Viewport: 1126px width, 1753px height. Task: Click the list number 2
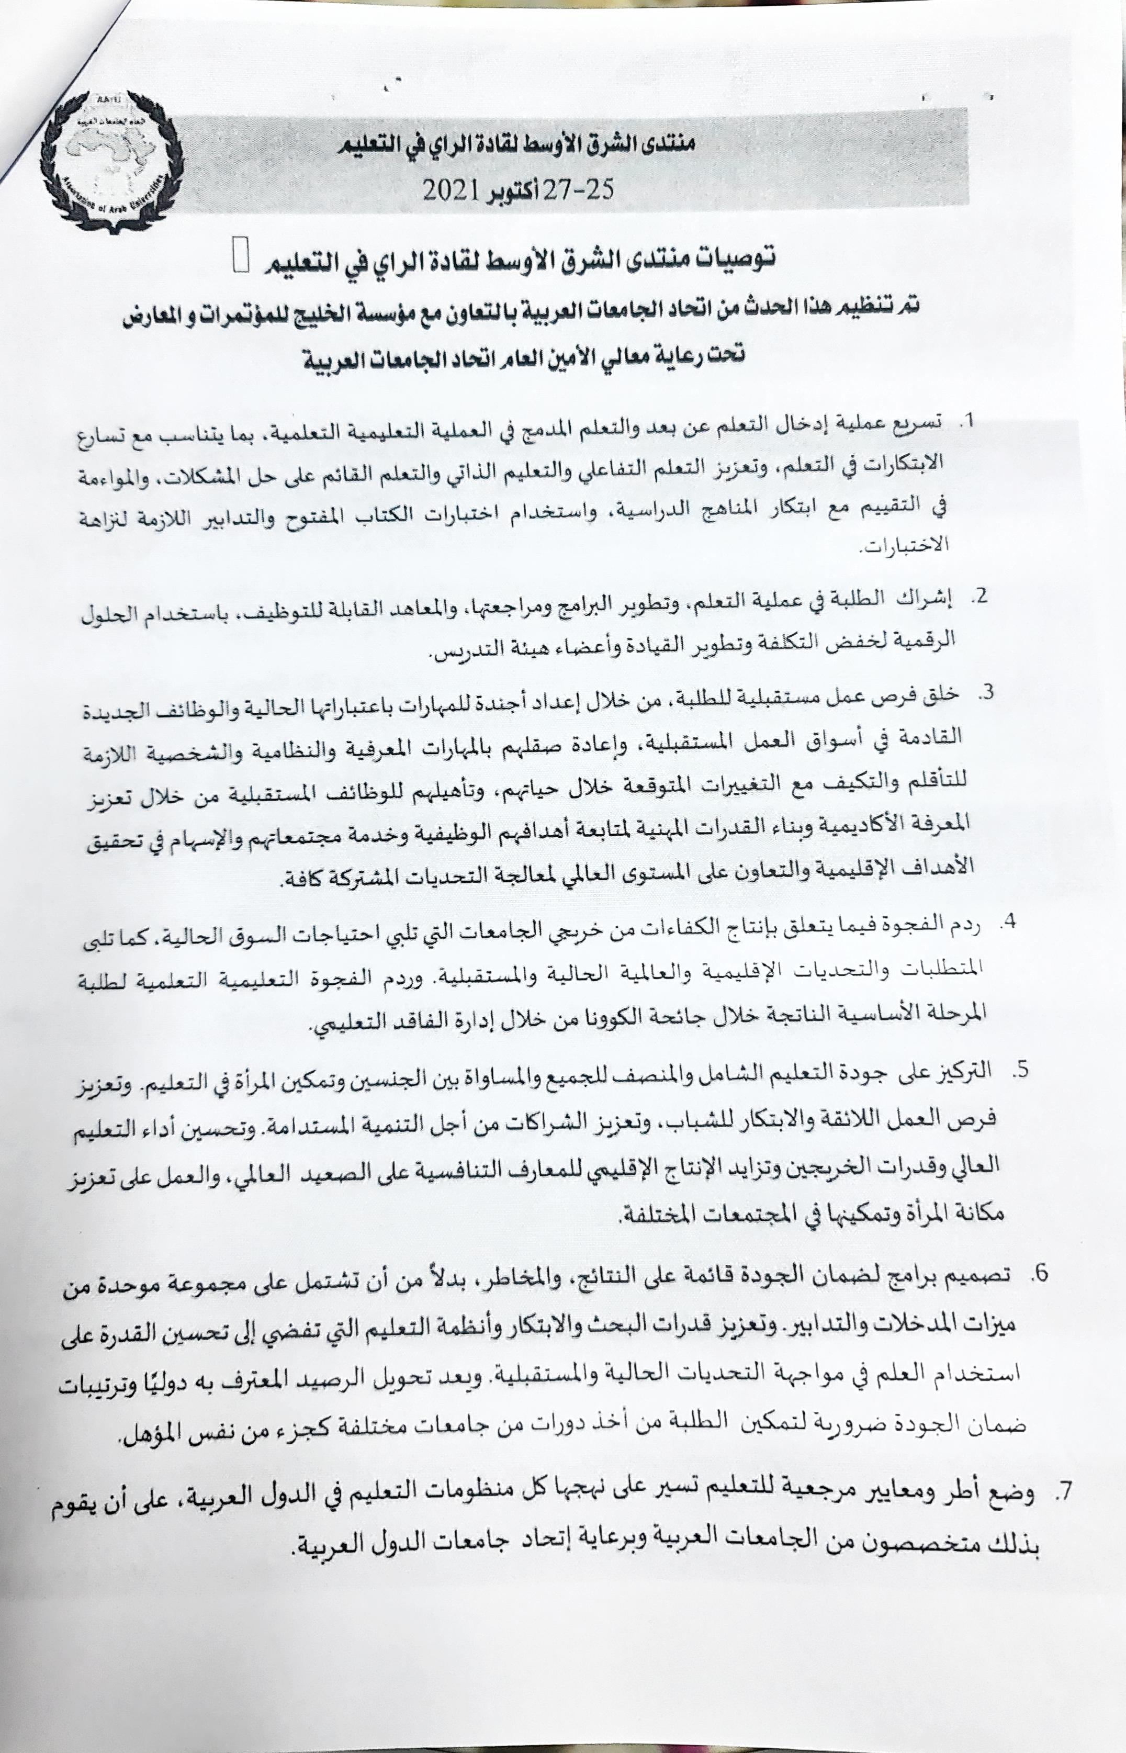pyautogui.click(x=977, y=597)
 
